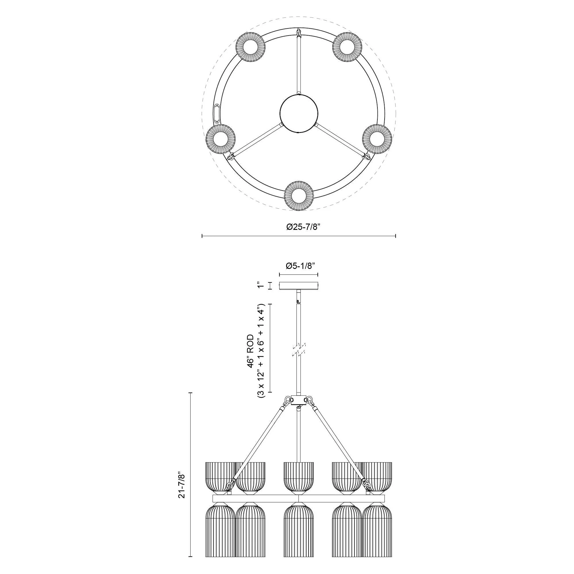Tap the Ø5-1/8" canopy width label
click(298, 266)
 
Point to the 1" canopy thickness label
click(260, 286)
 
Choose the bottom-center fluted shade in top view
click(299, 195)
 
